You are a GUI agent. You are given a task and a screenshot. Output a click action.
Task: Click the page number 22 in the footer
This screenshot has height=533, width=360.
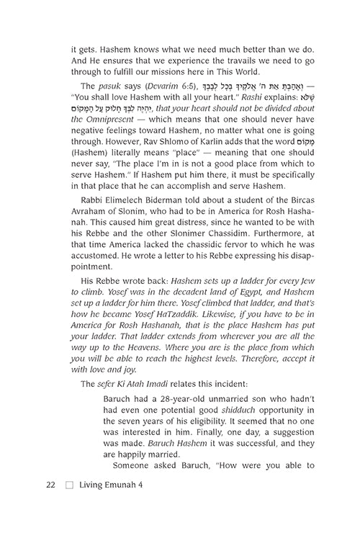tap(50, 504)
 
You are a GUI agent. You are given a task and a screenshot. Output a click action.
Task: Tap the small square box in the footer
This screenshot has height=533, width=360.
tap(69, 505)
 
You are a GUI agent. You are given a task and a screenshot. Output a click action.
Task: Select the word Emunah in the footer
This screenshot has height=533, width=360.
tap(124, 504)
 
